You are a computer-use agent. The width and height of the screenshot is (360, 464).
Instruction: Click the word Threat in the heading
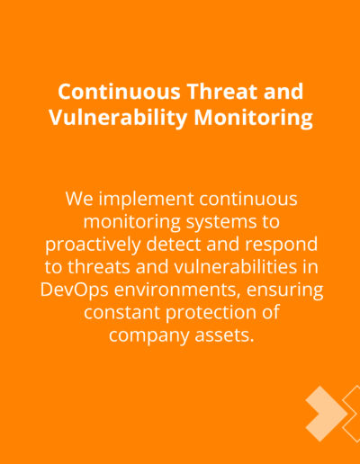point(223,92)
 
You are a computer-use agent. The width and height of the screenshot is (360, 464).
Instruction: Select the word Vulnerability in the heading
point(118,117)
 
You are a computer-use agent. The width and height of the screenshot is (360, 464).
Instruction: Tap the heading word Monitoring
point(253,117)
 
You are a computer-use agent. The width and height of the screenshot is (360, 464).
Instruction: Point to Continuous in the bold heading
point(119,92)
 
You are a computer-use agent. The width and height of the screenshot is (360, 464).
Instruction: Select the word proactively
point(93,245)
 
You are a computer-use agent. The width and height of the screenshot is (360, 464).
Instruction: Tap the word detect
point(174,244)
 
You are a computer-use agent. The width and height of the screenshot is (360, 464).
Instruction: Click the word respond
point(282,245)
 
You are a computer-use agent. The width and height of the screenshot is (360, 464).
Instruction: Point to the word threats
point(99,267)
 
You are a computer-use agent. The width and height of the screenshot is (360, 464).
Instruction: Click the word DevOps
point(75,290)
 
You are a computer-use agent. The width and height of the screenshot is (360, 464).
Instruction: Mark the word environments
point(177,290)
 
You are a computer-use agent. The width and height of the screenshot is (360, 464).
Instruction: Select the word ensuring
point(285,290)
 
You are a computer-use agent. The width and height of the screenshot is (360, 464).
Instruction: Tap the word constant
point(122,313)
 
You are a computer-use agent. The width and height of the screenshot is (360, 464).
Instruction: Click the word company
point(148,336)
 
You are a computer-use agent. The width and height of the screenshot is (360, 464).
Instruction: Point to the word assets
point(224,335)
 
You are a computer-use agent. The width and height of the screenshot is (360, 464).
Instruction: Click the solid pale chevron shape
point(327,414)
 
